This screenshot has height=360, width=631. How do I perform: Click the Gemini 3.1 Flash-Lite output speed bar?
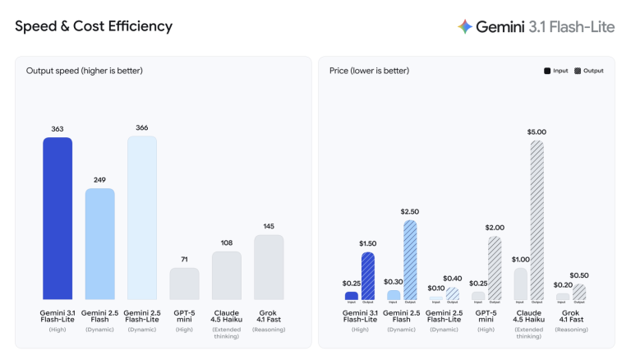pyautogui.click(x=58, y=219)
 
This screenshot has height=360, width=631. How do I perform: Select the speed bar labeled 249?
pyautogui.click(x=100, y=244)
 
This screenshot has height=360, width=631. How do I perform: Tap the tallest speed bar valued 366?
pyautogui.click(x=142, y=218)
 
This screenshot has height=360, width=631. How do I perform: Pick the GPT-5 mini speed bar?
pyautogui.click(x=184, y=284)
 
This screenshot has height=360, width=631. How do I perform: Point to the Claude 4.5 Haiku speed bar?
pyautogui.click(x=227, y=275)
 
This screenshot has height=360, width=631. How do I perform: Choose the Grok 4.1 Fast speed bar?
pyautogui.click(x=269, y=267)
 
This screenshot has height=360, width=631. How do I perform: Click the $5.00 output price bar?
pyautogui.click(x=537, y=220)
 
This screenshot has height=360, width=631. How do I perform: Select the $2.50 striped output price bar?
pyautogui.click(x=410, y=260)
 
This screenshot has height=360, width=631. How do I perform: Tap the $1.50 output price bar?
pyautogui.click(x=368, y=276)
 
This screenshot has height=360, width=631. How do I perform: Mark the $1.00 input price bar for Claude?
pyautogui.click(x=520, y=284)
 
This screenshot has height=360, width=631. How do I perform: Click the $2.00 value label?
pyautogui.click(x=495, y=228)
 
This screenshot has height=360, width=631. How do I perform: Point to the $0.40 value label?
pyautogui.click(x=452, y=279)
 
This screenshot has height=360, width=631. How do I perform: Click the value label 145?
pyautogui.click(x=269, y=226)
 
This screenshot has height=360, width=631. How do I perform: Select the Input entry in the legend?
pyautogui.click(x=555, y=71)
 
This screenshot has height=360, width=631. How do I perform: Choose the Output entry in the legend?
pyautogui.click(x=589, y=71)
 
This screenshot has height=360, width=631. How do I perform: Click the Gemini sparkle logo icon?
pyautogui.click(x=465, y=27)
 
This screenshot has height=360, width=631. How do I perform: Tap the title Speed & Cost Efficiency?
pyautogui.click(x=94, y=26)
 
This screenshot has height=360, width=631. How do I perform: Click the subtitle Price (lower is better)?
pyautogui.click(x=369, y=71)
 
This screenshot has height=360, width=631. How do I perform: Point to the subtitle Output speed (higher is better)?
pyautogui.click(x=84, y=71)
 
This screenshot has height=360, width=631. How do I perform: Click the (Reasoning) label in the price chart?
pyautogui.click(x=570, y=329)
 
